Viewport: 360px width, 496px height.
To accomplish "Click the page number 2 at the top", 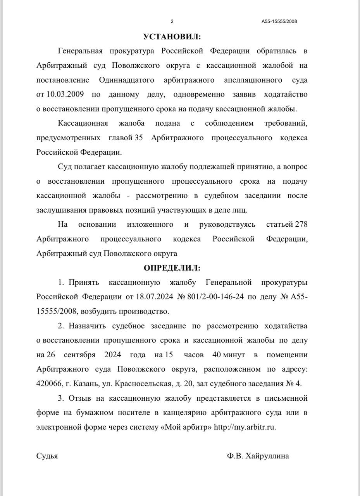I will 172,21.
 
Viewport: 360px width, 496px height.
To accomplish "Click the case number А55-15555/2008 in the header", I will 279,22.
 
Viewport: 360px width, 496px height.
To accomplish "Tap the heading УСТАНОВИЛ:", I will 172,37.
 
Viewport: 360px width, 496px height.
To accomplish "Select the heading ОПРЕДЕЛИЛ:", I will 172,268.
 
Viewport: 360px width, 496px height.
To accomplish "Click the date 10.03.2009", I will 64,95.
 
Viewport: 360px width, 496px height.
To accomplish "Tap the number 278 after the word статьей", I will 301,224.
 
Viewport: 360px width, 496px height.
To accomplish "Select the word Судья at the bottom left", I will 47,456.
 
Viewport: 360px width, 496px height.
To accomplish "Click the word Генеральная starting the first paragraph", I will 81,51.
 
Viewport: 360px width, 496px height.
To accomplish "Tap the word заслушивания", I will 59,210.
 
